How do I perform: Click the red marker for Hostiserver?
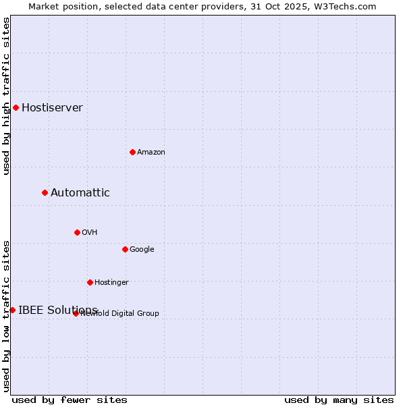(x=16, y=107)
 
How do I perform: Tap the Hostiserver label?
(x=52, y=108)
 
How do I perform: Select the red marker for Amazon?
(x=132, y=152)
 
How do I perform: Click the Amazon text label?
(x=151, y=153)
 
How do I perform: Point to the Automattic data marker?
(x=45, y=192)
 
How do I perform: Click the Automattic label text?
(x=80, y=193)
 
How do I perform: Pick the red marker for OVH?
(x=77, y=232)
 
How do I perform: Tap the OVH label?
(x=90, y=233)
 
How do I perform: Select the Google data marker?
(x=125, y=249)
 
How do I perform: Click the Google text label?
(x=142, y=250)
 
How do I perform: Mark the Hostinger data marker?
(x=90, y=282)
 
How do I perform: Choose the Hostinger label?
(x=111, y=283)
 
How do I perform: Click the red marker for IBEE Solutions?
(x=12, y=310)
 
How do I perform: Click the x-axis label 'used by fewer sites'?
(x=70, y=400)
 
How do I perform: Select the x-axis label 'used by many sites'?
(x=339, y=400)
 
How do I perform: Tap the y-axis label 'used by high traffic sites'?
(x=7, y=96)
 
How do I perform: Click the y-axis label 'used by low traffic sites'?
(x=7, y=316)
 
